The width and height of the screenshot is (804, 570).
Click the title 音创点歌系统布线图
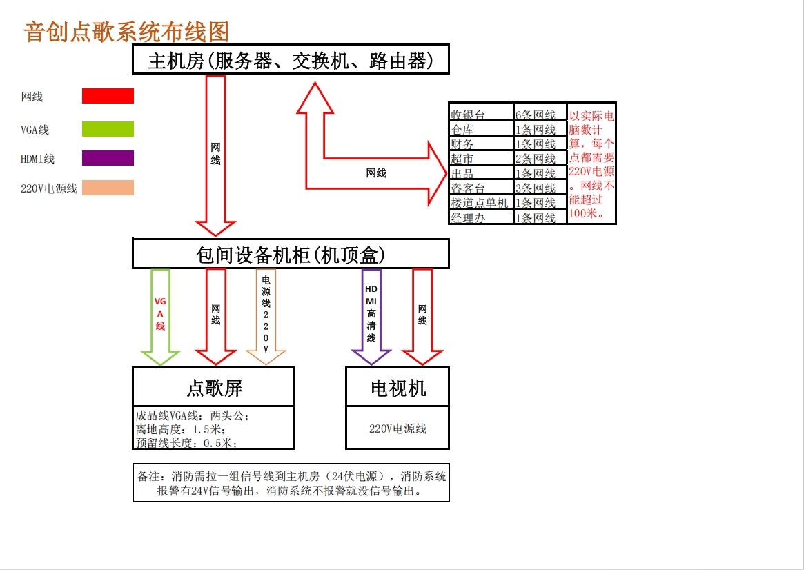(x=126, y=32)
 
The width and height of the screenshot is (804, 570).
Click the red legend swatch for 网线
(x=108, y=96)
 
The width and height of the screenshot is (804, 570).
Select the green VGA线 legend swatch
(x=108, y=128)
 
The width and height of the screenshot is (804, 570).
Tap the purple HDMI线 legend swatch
(x=108, y=158)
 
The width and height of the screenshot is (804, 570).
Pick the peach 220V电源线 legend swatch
(x=108, y=188)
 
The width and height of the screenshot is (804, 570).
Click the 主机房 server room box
(x=291, y=59)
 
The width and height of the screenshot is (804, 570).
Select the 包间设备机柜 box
(x=291, y=254)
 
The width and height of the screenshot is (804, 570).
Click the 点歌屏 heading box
(x=214, y=387)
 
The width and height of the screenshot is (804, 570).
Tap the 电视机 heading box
(x=398, y=387)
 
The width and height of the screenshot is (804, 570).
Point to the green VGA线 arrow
(x=160, y=317)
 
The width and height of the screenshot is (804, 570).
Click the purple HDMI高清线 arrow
(x=371, y=317)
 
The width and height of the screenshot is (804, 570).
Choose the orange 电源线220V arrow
(x=266, y=317)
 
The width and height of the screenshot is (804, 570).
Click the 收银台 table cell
(x=482, y=114)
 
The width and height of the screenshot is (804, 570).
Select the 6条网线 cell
(x=540, y=114)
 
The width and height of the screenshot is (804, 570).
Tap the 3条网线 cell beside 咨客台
(x=540, y=188)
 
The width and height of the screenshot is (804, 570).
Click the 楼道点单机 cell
(x=482, y=202)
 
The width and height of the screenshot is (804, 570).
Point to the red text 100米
(x=584, y=213)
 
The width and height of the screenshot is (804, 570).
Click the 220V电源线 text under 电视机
(x=398, y=429)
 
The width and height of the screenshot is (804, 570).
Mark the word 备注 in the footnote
(x=148, y=476)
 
